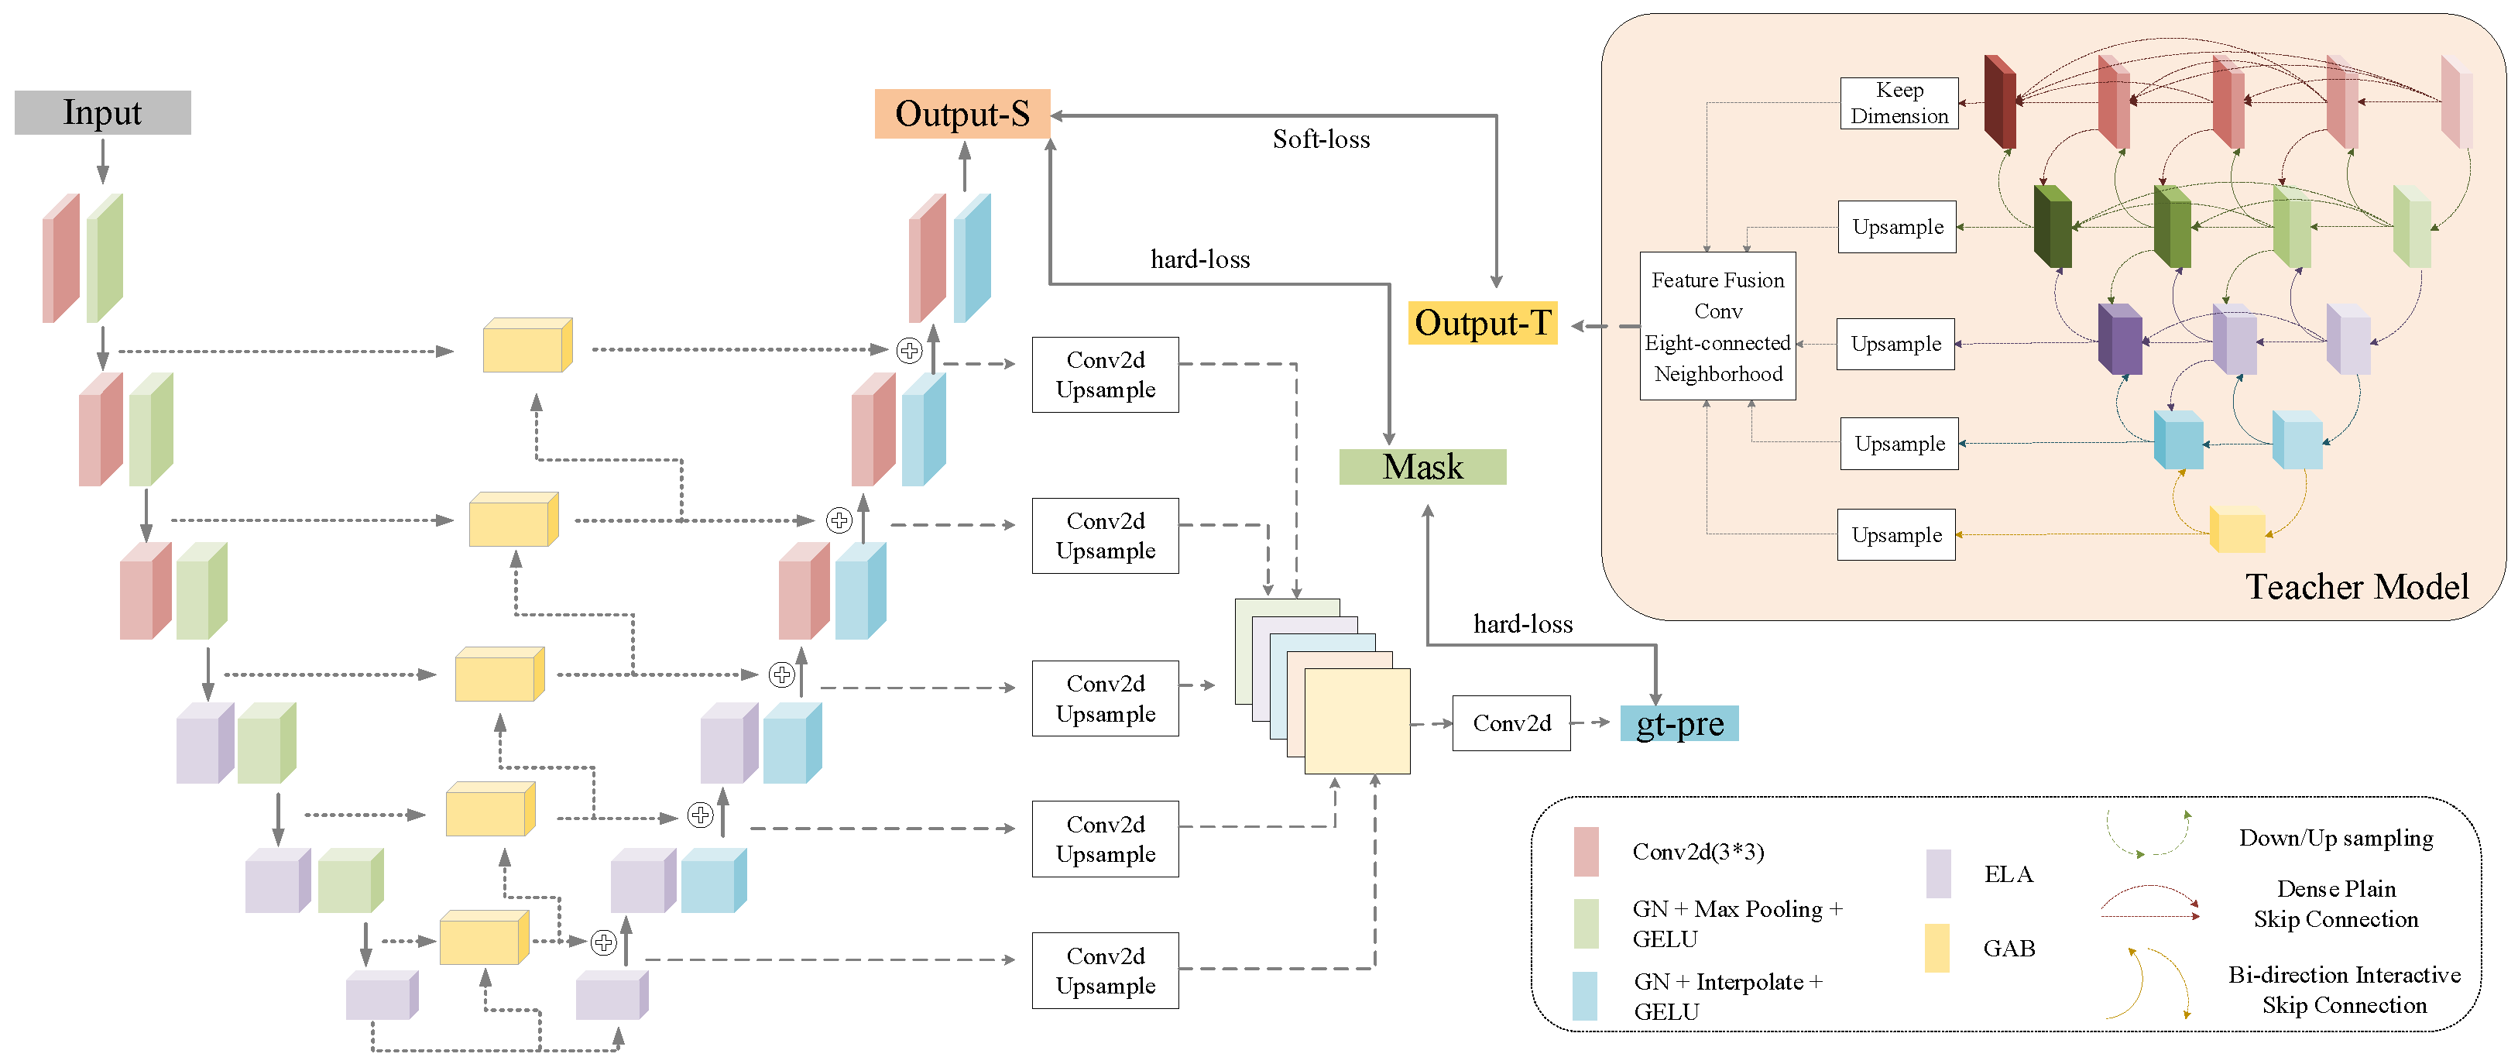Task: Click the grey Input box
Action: [103, 112]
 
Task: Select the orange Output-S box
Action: [962, 113]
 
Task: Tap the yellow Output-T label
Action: [1482, 323]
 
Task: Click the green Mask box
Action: [1422, 466]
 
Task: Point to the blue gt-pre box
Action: [1679, 724]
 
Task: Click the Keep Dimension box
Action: [1899, 103]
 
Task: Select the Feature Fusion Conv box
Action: [1717, 326]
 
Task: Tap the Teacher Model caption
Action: [2355, 587]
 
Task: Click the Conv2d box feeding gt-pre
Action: [1511, 724]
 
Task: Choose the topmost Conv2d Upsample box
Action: [1105, 375]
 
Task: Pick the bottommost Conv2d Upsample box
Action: [1105, 970]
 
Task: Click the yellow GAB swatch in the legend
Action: [1937, 948]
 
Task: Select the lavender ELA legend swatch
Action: [1937, 874]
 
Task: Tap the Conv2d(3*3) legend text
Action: [1698, 852]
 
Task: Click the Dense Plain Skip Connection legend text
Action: [2335, 904]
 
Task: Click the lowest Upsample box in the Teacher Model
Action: [1896, 535]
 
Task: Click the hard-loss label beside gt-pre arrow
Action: [1522, 625]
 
